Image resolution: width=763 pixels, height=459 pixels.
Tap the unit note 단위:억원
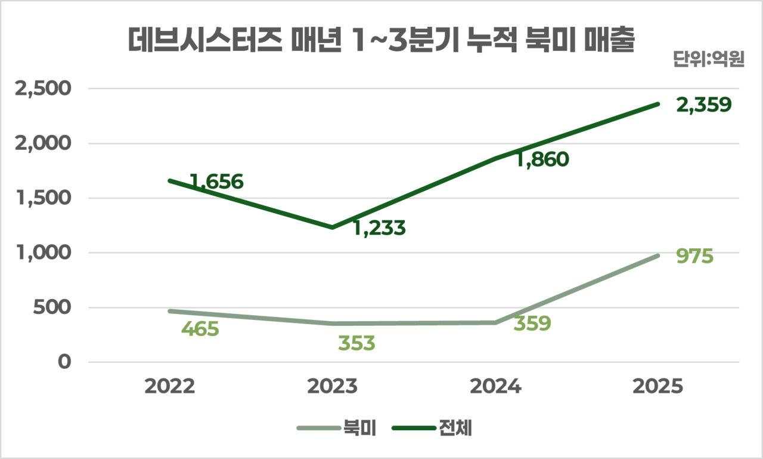coord(708,60)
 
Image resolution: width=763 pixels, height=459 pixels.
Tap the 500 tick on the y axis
coord(55,308)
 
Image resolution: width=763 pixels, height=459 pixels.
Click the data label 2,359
coord(703,105)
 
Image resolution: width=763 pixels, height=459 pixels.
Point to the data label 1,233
coord(379,228)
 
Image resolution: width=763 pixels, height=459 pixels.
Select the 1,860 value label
coord(542,159)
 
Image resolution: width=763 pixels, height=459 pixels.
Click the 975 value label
coord(695,257)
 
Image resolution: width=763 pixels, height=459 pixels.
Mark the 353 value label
coord(356,343)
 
